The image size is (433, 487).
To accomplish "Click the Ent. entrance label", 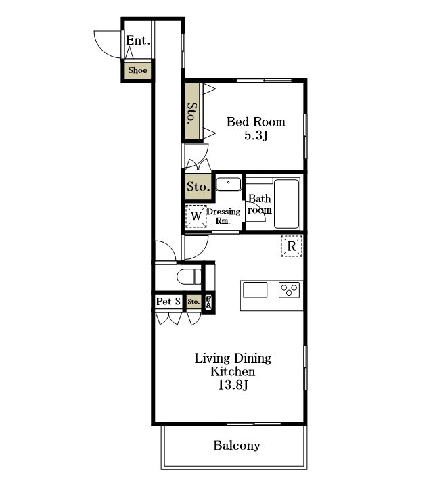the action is coord(138,41).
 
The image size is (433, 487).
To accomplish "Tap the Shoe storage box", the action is coord(137,70).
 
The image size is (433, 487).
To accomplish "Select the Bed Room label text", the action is coord(256,122).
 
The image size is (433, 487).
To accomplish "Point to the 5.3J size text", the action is coord(256,135).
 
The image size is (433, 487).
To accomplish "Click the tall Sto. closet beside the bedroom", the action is coord(192,111).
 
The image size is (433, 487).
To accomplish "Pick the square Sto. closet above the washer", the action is coord(198,186).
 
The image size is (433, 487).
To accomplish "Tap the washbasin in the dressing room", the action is coord(228,184).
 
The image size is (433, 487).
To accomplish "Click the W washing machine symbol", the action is coord(196,216).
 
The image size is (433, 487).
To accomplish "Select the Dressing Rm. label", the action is coord(223,216).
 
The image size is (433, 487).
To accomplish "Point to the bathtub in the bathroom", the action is coord(286,204).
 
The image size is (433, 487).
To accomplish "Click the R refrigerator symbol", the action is coord(292,246).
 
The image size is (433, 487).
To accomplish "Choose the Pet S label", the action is coord(168,301).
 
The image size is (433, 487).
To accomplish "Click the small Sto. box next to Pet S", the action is coord(193,302).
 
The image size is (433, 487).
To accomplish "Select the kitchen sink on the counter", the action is coord(255,289).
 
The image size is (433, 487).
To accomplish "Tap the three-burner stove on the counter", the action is coord(289,289).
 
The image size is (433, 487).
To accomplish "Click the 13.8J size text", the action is coord(233,385).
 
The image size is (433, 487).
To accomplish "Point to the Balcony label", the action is coord(237,446).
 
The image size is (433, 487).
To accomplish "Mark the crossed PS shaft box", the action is coord(209,302).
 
